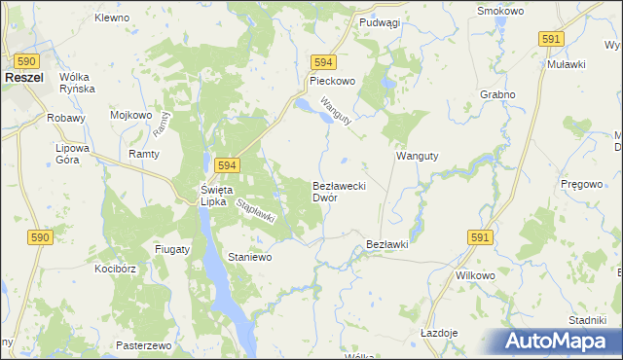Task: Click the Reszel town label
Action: (x=21, y=75)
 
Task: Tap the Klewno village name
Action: (x=112, y=18)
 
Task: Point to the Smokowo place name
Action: (x=501, y=11)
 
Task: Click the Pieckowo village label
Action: (x=332, y=84)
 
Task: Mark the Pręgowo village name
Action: (x=583, y=183)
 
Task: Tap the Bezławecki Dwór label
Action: (x=338, y=191)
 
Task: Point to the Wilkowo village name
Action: (x=476, y=275)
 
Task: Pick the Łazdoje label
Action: (x=439, y=333)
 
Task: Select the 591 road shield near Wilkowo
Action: (x=479, y=237)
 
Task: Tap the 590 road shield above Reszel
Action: (x=26, y=60)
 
